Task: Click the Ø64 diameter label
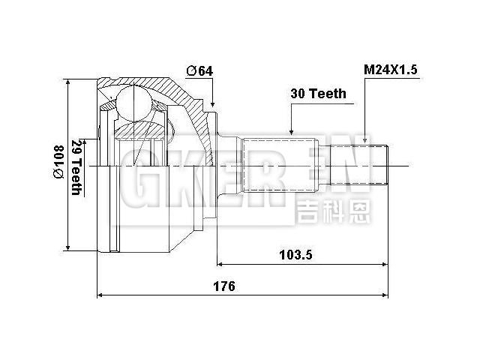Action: click(199, 70)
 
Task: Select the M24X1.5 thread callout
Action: click(391, 70)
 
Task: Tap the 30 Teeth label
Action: click(319, 94)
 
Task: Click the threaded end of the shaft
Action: click(379, 165)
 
